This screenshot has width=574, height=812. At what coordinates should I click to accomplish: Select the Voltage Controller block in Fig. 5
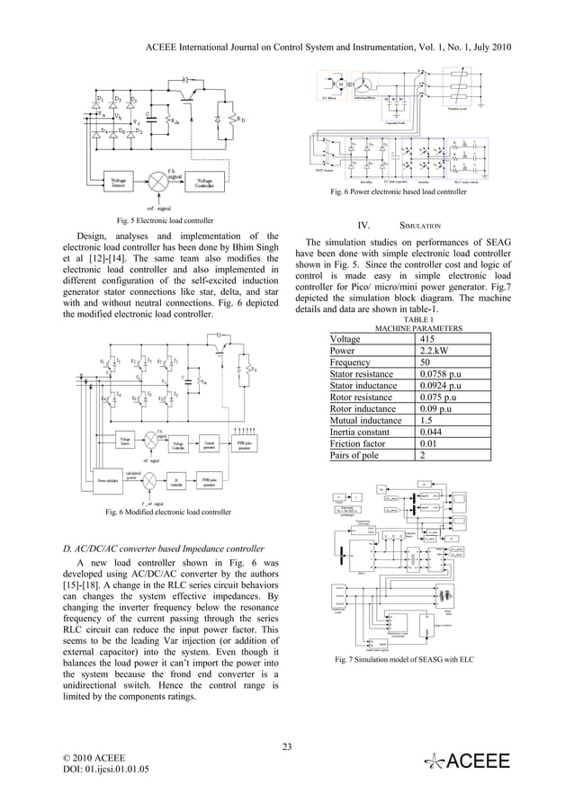click(x=200, y=181)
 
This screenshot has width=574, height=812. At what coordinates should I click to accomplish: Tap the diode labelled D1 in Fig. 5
click(x=102, y=99)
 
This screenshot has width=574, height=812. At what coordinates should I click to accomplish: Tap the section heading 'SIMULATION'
click(x=419, y=225)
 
